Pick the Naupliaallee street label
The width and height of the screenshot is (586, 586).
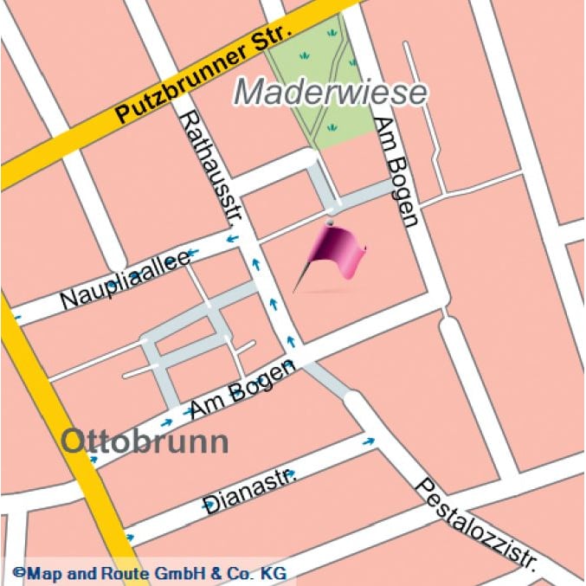126,280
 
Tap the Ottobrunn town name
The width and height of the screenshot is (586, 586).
145,441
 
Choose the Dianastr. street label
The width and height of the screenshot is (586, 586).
249,489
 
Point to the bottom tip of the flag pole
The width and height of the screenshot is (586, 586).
294,292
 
